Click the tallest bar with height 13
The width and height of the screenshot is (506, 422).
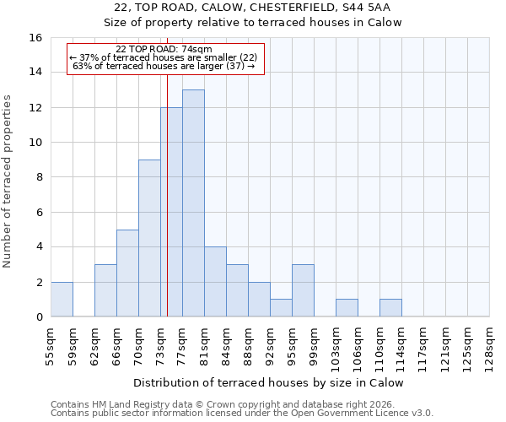coord(193,203)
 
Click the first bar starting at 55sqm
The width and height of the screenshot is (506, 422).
coord(62,299)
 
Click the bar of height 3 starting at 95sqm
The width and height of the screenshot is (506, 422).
coord(303,290)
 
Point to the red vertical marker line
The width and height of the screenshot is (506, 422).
coord(168,211)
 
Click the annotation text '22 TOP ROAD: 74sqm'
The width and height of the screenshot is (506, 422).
coord(164,50)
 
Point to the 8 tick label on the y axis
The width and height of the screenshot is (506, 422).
coord(38,177)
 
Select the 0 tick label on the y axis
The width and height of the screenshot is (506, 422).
coord(38,317)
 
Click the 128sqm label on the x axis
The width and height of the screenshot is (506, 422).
coord(490,343)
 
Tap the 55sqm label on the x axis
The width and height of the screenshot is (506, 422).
coord(51,343)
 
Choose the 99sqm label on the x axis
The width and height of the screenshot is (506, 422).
coord(315,343)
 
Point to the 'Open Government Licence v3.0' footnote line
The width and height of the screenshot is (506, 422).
coord(242,414)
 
